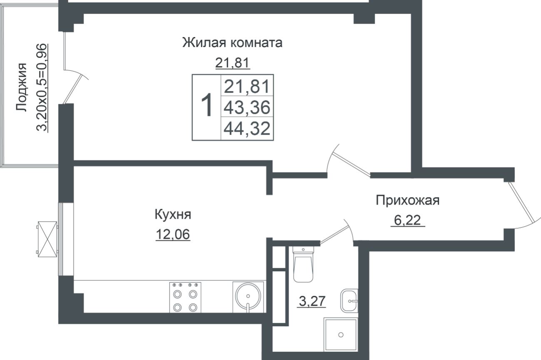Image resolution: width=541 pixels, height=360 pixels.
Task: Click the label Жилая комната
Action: point(232,43)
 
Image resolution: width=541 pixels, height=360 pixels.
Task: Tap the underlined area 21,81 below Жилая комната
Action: point(232,63)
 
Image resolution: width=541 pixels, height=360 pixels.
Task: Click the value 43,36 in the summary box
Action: point(247,108)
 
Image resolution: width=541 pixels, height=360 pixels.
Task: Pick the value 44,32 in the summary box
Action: point(247,129)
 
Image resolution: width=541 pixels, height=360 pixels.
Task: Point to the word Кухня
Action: point(172,215)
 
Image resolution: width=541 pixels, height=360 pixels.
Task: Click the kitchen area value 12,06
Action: point(172,235)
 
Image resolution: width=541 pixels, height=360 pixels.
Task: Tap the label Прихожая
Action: point(407,200)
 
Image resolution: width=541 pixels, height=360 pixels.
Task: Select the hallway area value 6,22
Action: point(407,221)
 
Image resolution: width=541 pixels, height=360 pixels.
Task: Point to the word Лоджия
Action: point(21,87)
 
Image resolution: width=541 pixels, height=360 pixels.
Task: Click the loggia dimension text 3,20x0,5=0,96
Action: point(42,87)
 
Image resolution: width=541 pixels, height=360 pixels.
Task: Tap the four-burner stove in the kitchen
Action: point(185,297)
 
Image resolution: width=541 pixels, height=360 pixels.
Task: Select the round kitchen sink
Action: point(248,296)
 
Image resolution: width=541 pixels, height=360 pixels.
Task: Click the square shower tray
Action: point(341,335)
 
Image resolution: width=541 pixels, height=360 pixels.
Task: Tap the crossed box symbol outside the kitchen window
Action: point(47,239)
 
